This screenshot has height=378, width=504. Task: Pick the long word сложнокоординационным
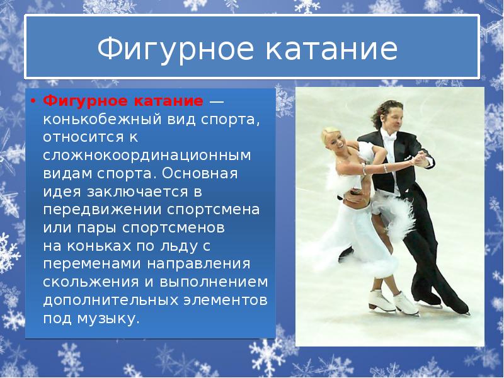coord(147,154)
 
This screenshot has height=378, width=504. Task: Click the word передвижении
coord(100,209)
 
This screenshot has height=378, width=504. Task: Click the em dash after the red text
coord(216,101)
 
